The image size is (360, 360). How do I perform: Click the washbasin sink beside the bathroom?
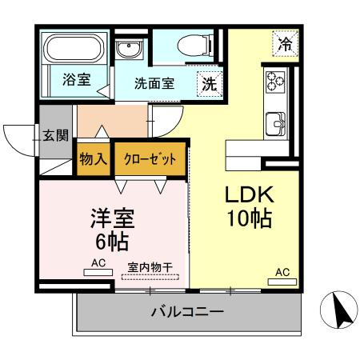tap(127, 50)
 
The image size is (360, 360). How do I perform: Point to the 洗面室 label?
tap(154, 82)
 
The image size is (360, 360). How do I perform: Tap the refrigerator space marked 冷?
tap(285, 44)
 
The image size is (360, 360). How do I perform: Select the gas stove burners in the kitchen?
tap(275, 81)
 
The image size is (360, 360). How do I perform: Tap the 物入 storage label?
tap(94, 158)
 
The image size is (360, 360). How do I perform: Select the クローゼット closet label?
tap(150, 158)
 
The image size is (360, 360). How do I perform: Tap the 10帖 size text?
tap(250, 218)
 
